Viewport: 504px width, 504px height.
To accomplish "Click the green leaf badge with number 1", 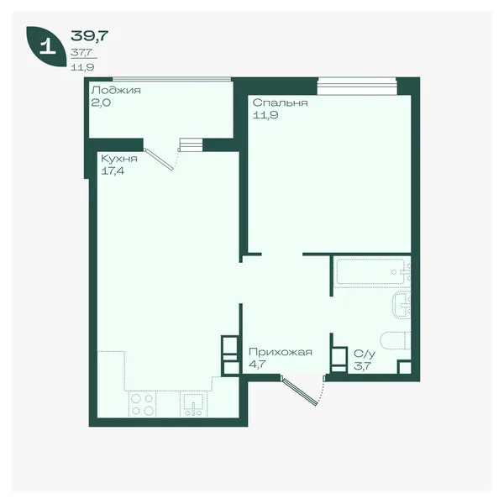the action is point(46,47).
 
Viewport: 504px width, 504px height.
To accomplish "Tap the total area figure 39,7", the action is point(89,35).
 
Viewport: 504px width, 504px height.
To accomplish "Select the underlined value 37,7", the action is point(81,52).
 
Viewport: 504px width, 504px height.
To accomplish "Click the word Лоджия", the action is point(116,91).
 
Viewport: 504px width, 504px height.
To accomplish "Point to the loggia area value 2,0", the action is point(101,102).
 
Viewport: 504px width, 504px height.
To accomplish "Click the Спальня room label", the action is point(280,102).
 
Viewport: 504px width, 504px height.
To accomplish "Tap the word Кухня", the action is point(119,159).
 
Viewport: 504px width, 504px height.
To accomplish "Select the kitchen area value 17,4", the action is point(113,171).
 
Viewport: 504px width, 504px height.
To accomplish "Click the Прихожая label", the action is point(281,352).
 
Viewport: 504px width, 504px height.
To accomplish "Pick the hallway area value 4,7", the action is point(258,365).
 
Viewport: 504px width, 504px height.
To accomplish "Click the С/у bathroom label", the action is point(365,354).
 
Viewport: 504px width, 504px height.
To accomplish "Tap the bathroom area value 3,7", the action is point(363,365).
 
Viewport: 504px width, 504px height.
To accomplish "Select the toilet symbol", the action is point(396,340).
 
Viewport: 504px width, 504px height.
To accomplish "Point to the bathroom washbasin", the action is point(402,305).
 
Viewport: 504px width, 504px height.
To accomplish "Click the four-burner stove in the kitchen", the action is point(143,404).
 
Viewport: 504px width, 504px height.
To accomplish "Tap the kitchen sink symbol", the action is point(193,404).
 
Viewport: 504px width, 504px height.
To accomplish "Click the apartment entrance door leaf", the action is point(299,391).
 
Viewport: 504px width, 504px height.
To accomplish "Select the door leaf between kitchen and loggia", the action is point(159,159).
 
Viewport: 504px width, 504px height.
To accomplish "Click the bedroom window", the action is point(357,87).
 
